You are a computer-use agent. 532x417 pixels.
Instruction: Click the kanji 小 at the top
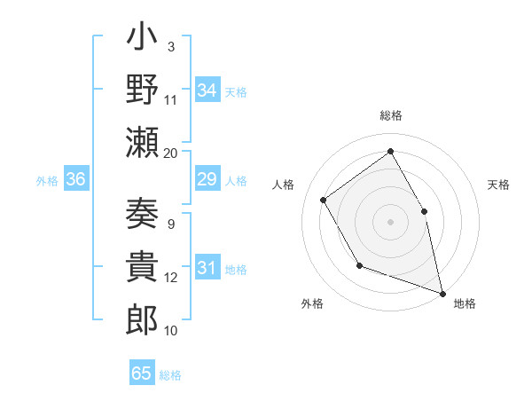point(143,40)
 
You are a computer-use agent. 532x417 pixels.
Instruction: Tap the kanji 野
point(143,90)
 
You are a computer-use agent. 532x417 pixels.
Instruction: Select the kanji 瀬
point(143,142)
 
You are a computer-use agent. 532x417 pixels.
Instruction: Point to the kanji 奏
point(143,215)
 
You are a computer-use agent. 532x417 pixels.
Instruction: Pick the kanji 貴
point(143,267)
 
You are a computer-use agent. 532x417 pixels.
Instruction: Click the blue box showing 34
point(207,90)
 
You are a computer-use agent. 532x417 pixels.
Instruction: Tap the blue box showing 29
point(207,180)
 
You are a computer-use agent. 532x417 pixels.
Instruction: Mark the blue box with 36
point(75,180)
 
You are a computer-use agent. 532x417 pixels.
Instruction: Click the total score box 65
point(141,374)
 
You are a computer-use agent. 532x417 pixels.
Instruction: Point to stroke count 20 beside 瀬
point(171,153)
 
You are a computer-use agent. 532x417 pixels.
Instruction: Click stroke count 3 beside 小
point(171,46)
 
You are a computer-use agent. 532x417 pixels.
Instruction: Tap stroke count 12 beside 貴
point(171,278)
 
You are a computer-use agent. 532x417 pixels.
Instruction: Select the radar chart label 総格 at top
point(391,116)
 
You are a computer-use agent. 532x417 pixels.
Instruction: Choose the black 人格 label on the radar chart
point(284,185)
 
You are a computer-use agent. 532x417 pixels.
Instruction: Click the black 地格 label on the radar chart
point(465,303)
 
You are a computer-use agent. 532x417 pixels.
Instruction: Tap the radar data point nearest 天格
point(424,211)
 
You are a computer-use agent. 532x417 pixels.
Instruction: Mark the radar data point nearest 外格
point(359,265)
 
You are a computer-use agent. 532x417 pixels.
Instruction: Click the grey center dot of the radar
point(391,221)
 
